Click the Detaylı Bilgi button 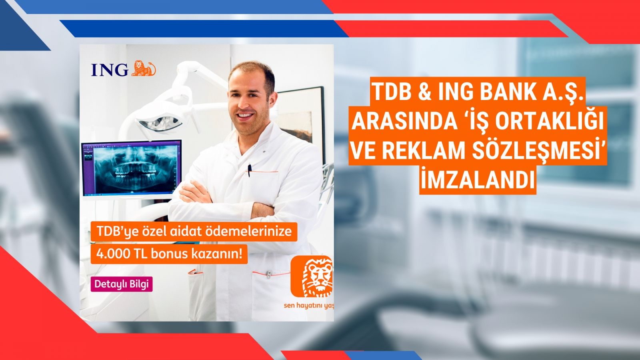122,284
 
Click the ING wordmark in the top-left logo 110,70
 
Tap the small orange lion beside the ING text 144,68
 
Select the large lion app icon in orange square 312,276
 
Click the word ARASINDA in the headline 404,121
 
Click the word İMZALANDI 478,180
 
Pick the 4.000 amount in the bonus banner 114,254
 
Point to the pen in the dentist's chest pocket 250,170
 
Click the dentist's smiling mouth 246,116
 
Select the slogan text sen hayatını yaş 308,306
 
